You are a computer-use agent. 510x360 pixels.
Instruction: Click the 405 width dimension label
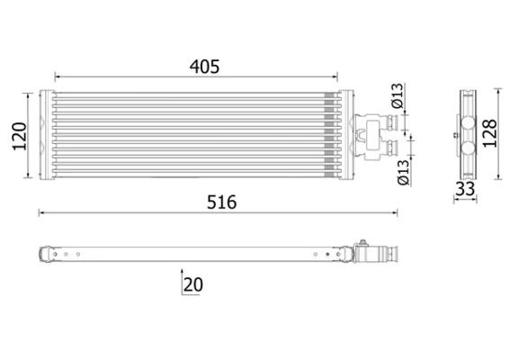pyautogui.click(x=204, y=67)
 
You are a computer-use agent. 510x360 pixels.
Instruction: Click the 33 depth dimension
pyautogui.click(x=466, y=189)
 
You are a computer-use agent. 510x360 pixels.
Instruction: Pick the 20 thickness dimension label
pyautogui.click(x=192, y=284)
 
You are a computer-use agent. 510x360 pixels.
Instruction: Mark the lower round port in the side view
pyautogui.click(x=466, y=146)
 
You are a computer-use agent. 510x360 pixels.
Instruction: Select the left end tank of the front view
pyautogui.click(x=48, y=135)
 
